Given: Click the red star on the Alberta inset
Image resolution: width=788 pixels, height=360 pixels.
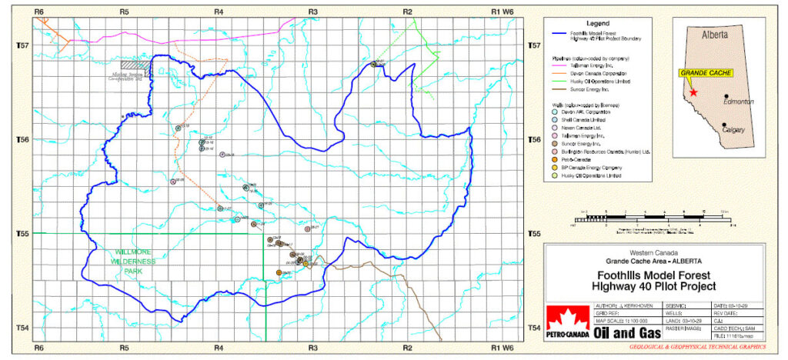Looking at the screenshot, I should pyautogui.click(x=693, y=92).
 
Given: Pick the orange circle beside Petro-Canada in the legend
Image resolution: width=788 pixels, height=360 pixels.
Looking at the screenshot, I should pyautogui.click(x=556, y=159).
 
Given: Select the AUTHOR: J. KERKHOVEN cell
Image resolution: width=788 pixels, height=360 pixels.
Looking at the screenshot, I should pyautogui.click(x=623, y=306).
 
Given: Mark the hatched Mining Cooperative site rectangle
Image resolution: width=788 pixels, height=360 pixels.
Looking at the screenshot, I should pyautogui.click(x=136, y=65).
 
